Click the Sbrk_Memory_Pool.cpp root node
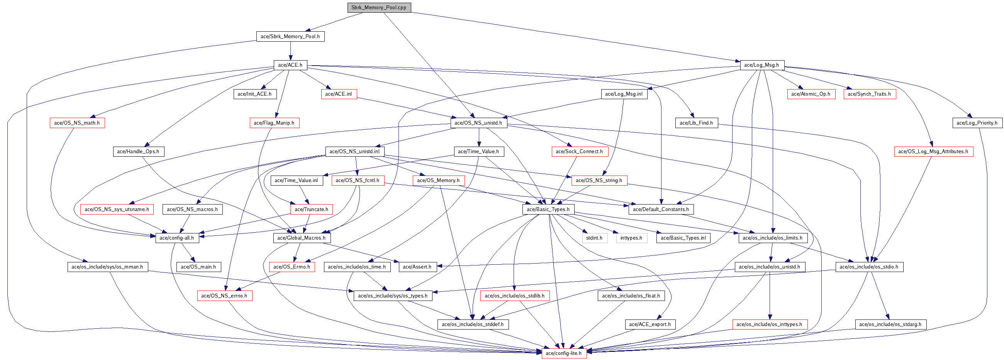click(379, 7)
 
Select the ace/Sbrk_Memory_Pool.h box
click(290, 36)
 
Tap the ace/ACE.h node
click(290, 65)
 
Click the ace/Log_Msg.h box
click(761, 65)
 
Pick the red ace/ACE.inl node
click(338, 94)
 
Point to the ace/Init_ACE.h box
click(254, 94)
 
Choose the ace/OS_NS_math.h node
click(77, 123)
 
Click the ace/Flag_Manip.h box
click(274, 123)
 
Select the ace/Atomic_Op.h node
click(811, 94)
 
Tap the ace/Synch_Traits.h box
click(869, 94)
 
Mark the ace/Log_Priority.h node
click(977, 123)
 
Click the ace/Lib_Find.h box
click(696, 123)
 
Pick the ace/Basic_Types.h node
click(548, 209)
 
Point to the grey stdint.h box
click(594, 238)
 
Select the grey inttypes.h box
click(631, 238)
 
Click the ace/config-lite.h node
click(563, 353)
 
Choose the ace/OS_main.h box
click(199, 267)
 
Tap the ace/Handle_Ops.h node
click(138, 151)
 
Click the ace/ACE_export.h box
click(650, 324)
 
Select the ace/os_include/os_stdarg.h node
click(890, 324)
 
